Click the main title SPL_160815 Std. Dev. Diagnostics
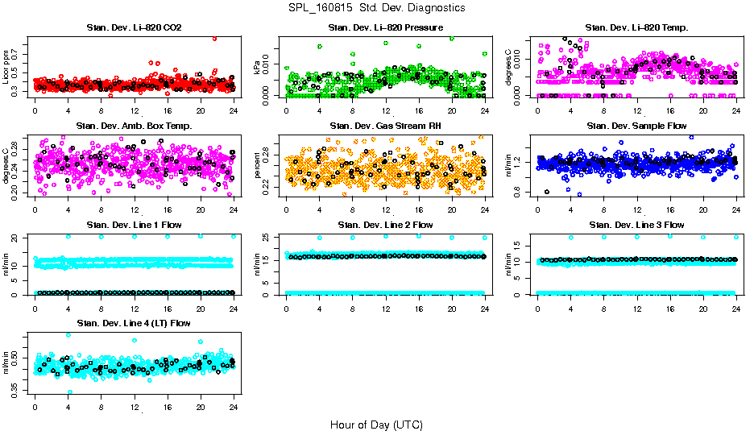[x=376, y=8]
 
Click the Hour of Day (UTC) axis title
[x=376, y=424]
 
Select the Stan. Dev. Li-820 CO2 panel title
[x=134, y=28]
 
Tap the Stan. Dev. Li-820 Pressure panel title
[x=385, y=28]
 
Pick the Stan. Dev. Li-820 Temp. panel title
[x=636, y=28]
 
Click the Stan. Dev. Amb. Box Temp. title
[x=134, y=126]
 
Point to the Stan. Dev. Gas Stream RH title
[x=385, y=126]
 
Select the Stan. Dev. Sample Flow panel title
[x=636, y=126]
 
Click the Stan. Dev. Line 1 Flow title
[x=134, y=225]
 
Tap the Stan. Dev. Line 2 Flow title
[x=385, y=225]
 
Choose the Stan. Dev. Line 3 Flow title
[x=636, y=225]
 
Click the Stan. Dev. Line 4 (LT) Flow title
[x=134, y=323]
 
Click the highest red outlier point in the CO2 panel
[x=214, y=38]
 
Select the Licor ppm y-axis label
[x=6, y=68]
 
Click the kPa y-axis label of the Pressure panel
[x=257, y=68]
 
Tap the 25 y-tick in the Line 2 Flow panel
[x=267, y=238]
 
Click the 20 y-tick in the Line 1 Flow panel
[x=15, y=238]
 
